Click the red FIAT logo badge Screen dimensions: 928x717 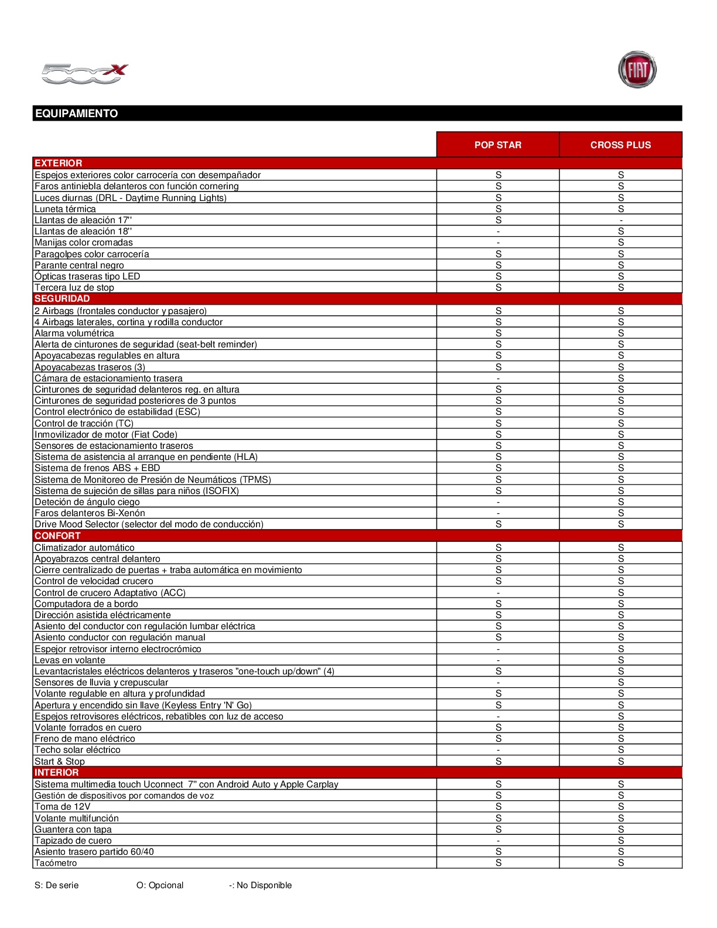[x=637, y=70]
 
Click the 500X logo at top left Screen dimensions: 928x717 [x=84, y=74]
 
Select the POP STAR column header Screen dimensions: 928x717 [x=498, y=145]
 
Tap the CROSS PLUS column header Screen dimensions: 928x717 [x=620, y=145]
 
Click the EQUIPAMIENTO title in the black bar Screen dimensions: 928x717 [x=77, y=114]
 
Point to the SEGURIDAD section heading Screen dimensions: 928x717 [x=62, y=299]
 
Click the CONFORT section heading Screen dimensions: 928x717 [x=57, y=535]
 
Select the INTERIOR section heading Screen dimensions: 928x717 [x=56, y=772]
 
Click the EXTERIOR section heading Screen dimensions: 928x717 [x=58, y=163]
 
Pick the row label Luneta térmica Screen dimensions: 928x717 [x=65, y=209]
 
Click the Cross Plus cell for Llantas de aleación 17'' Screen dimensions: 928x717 [x=621, y=220]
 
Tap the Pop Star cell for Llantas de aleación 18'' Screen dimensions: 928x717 [x=498, y=231]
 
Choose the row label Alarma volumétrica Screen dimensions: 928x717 [x=74, y=333]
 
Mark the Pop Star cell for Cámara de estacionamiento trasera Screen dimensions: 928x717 [x=498, y=378]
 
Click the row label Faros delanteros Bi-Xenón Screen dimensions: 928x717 [x=90, y=513]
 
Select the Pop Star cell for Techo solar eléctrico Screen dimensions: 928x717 [x=498, y=750]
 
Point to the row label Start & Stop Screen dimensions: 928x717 [x=60, y=762]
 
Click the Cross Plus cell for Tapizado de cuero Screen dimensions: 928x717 [x=621, y=841]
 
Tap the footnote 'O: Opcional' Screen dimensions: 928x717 [x=160, y=885]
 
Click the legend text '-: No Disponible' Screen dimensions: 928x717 [x=260, y=885]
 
